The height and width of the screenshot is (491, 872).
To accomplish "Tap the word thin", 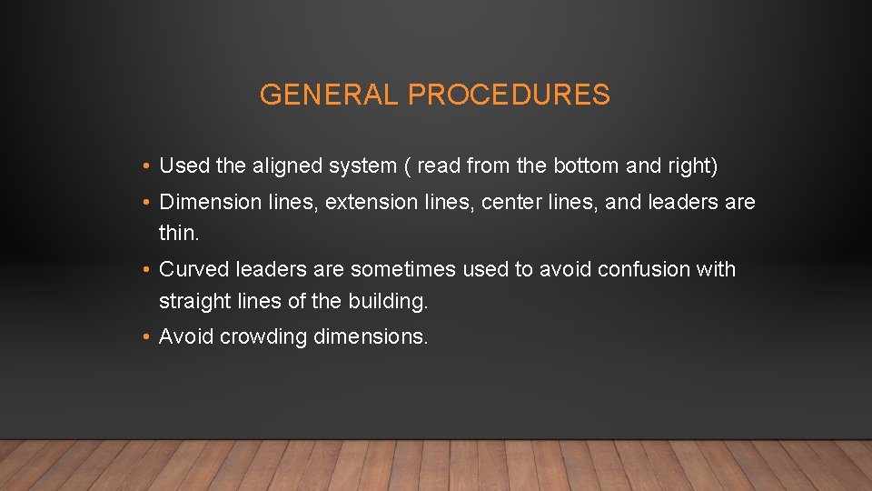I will [x=178, y=233].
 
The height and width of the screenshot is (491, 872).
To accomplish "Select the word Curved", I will [x=193, y=269].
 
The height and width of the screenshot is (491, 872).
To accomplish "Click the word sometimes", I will [x=403, y=269].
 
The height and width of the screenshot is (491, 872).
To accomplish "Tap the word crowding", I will [x=263, y=337].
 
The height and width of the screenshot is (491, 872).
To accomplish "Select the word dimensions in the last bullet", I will [x=370, y=337].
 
